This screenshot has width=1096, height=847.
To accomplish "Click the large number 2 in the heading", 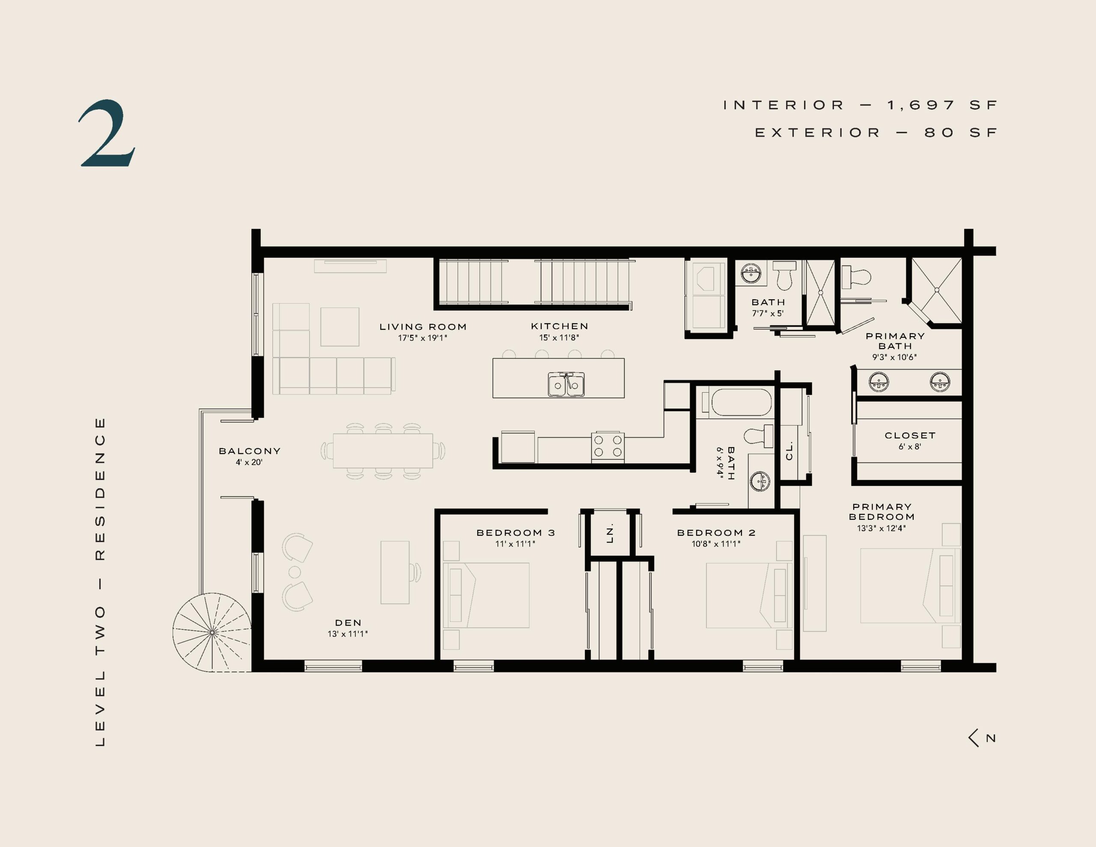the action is pyautogui.click(x=107, y=133).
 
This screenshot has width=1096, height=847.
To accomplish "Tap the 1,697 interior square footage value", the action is pyautogui.click(x=921, y=105).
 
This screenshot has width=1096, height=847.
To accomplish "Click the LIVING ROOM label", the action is pyautogui.click(x=423, y=327).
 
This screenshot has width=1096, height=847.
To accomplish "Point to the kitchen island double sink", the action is pyautogui.click(x=566, y=385).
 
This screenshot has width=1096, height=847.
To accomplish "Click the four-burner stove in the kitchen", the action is pyautogui.click(x=608, y=446).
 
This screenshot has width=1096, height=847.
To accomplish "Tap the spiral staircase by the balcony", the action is pyautogui.click(x=212, y=632).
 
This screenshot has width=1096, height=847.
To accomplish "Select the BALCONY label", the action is pyautogui.click(x=250, y=451).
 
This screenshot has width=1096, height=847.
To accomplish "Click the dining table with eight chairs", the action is pyautogui.click(x=383, y=451).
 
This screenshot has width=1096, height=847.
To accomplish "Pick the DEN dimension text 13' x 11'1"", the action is pyautogui.click(x=348, y=634).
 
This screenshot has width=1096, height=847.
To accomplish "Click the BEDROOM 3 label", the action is pyautogui.click(x=515, y=533).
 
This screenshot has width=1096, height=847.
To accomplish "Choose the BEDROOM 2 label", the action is pyautogui.click(x=716, y=533).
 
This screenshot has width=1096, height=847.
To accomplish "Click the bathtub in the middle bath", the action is pyautogui.click(x=741, y=402).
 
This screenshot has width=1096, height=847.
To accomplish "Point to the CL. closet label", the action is pyautogui.click(x=789, y=450).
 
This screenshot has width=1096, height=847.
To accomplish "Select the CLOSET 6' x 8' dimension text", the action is pyautogui.click(x=910, y=446).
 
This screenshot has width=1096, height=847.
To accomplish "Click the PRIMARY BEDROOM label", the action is pyautogui.click(x=882, y=512).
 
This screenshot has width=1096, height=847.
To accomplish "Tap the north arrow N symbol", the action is pyautogui.click(x=983, y=738).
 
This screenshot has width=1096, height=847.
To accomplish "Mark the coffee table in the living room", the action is pyautogui.click(x=340, y=327).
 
